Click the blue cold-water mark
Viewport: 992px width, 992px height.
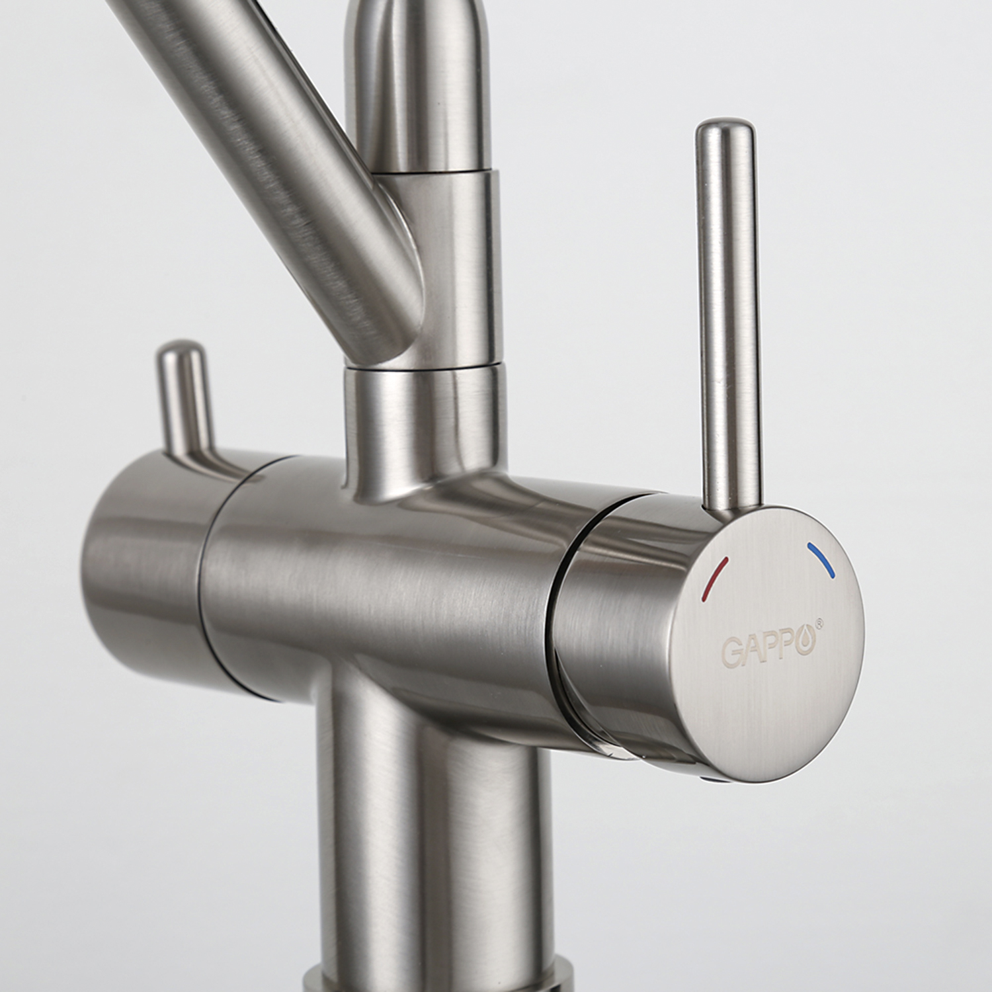click(x=821, y=559)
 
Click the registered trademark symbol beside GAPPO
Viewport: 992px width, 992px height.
click(x=819, y=622)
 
